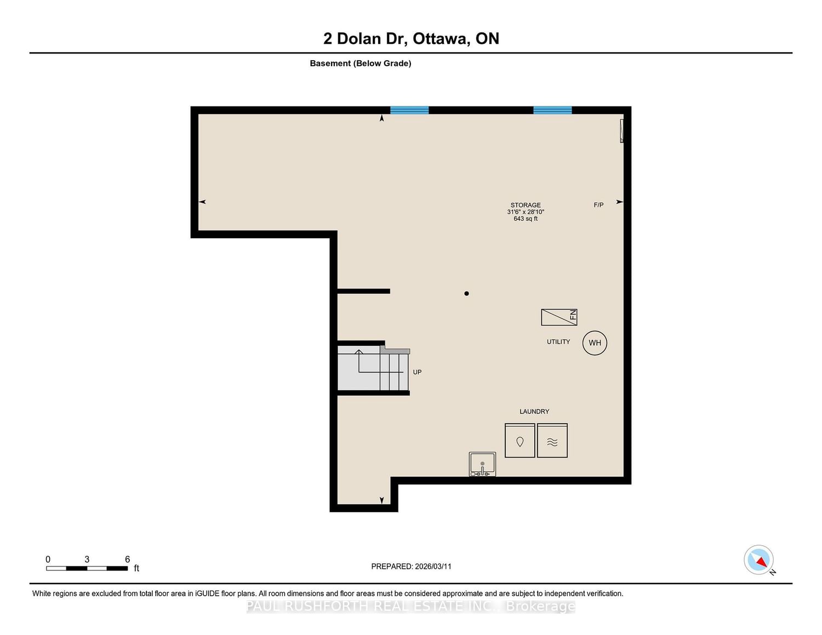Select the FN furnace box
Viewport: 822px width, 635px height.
[x=559, y=317]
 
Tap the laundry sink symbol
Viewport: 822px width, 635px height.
[x=482, y=464]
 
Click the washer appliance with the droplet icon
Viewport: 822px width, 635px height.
[x=520, y=440]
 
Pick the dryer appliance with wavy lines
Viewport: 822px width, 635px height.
[x=552, y=440]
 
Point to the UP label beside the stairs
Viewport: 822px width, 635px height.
[x=417, y=372]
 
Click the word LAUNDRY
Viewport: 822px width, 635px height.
[x=534, y=411]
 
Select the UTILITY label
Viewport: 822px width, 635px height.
[x=558, y=342]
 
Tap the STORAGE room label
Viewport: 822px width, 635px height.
[x=526, y=205]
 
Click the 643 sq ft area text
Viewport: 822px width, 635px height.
[x=526, y=219]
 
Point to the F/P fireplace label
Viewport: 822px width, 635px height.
[x=598, y=205]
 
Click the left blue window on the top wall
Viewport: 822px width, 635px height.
[x=409, y=110]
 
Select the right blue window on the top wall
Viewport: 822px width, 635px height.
[x=552, y=110]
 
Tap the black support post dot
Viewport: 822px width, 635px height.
[x=466, y=294]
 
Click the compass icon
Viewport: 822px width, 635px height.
[x=758, y=560]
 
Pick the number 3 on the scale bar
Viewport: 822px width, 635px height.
[x=87, y=559]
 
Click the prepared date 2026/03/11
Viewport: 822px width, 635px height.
[x=433, y=566]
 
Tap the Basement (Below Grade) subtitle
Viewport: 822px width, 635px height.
[x=361, y=64]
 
